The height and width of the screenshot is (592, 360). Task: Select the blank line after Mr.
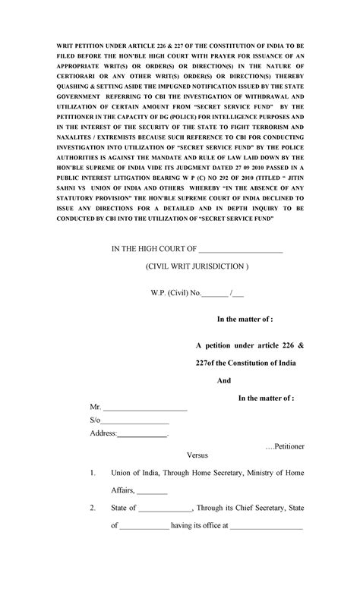click(x=144, y=408)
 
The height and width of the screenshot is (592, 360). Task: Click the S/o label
click(x=95, y=420)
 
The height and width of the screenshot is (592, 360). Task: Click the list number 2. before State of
click(x=92, y=509)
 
